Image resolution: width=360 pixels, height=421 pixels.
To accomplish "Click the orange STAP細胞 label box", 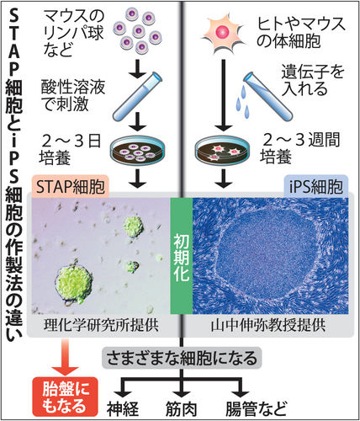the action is pos(71,186).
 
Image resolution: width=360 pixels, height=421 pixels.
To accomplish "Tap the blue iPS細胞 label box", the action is pos(316,186).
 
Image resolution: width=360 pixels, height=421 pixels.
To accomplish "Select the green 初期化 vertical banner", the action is pos(182,256).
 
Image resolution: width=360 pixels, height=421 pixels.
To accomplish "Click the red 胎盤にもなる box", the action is pos(65,397).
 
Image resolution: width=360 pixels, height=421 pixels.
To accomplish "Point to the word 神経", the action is pos(123,408).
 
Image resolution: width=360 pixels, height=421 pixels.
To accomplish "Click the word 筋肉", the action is pos(181,408).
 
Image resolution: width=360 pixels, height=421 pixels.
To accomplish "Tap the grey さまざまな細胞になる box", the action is pos(182,358).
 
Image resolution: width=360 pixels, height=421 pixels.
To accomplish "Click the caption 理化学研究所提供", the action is pos(101,325).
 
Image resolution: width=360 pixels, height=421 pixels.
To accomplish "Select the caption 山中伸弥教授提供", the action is pos(268,325).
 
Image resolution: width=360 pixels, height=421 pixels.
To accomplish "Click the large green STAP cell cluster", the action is pos(73,285).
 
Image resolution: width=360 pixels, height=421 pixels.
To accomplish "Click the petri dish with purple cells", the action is pos(137,151).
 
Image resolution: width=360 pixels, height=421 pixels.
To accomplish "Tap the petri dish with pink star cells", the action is pos(221,151).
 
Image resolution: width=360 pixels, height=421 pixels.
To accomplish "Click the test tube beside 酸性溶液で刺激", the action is pos(137,95).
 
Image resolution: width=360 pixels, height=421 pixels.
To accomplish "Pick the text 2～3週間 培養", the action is pos(300,148).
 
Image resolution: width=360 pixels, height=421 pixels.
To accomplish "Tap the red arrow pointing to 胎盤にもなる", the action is pos(65,357).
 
